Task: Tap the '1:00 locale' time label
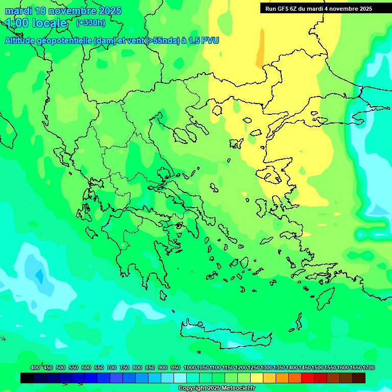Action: pos(36,23)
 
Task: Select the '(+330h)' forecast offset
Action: pos(91,23)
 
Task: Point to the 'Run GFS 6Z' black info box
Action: pos(318,8)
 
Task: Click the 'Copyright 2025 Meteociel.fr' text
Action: pos(216,388)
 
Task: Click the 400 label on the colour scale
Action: pos(35,368)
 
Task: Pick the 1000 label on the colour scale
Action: pos(189,368)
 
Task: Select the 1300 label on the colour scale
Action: pos(266,368)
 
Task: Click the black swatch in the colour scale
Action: pos(27,378)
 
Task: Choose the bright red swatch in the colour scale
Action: pos(308,378)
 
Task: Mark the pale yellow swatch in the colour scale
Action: pos(257,378)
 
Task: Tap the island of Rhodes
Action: pos(325,298)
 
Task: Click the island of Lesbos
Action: pos(271,173)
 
